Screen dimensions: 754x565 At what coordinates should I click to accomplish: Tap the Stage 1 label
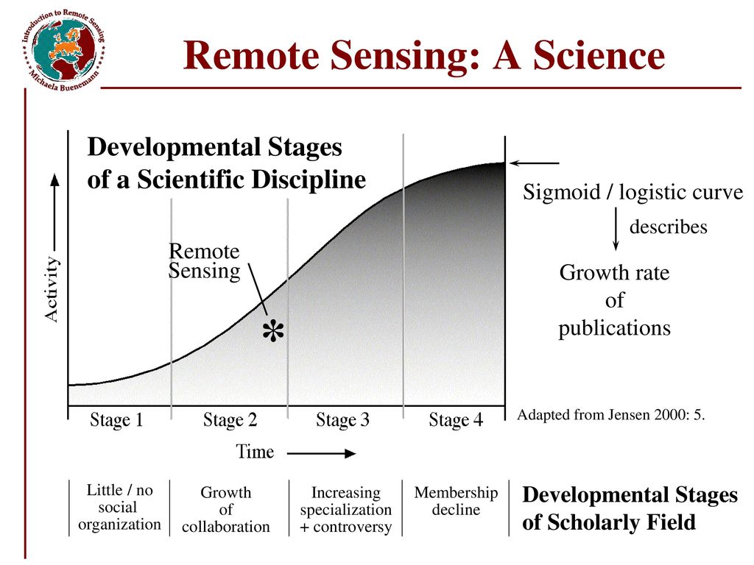coord(116,420)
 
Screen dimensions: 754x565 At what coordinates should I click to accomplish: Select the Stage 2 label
coord(230,420)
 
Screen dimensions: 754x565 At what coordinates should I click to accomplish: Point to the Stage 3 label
coord(342,420)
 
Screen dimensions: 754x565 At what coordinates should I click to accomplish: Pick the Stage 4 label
coord(455,420)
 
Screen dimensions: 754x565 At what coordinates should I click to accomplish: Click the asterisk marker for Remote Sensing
coord(273,330)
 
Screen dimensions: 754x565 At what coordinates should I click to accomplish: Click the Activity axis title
coord(51,288)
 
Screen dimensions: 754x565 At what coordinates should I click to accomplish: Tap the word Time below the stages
coord(254,452)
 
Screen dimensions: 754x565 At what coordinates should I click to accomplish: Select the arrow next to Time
coord(321,453)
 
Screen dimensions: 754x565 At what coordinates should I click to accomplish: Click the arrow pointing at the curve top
coord(535,163)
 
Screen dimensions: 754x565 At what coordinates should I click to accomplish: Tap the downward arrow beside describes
coord(616,229)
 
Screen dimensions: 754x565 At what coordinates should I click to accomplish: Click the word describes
coord(669,227)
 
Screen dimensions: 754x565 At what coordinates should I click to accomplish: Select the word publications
coord(614,328)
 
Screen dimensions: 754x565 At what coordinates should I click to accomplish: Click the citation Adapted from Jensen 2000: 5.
coord(610,414)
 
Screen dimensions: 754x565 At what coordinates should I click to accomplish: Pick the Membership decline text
coord(456,500)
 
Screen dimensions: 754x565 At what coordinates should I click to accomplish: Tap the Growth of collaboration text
coord(225,509)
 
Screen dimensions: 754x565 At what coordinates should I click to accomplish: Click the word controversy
coord(352,527)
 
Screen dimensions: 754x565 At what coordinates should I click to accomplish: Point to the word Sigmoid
coord(562,192)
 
